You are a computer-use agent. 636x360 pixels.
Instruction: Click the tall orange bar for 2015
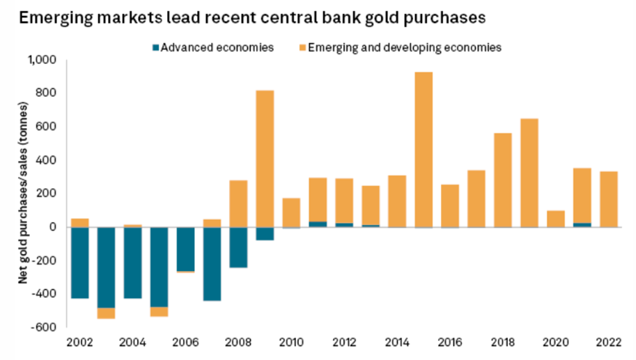(424, 149)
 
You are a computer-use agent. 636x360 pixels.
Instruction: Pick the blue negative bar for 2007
(212, 264)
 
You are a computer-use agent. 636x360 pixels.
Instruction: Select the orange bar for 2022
(608, 199)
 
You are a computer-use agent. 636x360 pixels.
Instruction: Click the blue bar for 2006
(185, 249)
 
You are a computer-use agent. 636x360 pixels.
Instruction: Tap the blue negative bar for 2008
(238, 247)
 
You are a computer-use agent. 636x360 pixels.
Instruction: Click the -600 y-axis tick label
(45, 327)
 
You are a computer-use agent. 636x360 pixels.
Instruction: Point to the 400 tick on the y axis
(47, 160)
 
